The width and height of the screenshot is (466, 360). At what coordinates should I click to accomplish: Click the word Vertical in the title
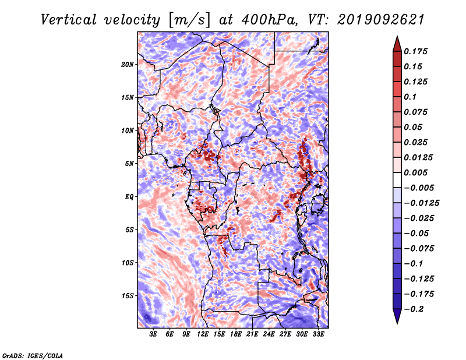click(68, 20)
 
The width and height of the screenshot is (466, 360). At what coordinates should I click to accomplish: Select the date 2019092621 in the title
click(381, 20)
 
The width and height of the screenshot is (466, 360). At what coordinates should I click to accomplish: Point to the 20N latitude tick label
click(128, 65)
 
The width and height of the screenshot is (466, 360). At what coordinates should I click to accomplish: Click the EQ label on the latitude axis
click(129, 197)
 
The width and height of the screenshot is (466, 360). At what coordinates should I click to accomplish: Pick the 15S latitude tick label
click(128, 296)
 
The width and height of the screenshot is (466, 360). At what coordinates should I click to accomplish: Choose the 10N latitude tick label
click(128, 130)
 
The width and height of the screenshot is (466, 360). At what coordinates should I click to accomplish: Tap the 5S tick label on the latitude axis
click(129, 230)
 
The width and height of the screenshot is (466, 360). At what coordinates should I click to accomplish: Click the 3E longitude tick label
click(153, 334)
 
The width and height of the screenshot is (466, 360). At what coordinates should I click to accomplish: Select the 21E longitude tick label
click(252, 334)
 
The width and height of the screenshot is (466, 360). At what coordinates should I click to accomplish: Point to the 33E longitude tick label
click(318, 334)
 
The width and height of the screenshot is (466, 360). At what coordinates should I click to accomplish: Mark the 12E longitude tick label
click(202, 334)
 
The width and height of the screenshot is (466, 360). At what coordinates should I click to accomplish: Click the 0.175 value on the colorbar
click(415, 51)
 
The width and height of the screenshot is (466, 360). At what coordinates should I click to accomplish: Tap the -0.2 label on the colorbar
click(414, 309)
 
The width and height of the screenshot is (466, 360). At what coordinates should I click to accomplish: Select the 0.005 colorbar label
click(415, 172)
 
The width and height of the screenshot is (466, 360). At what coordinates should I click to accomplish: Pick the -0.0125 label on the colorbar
click(421, 203)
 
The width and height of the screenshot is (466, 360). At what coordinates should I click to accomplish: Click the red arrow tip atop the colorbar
click(397, 37)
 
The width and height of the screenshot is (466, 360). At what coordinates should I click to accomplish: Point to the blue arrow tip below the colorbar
click(397, 323)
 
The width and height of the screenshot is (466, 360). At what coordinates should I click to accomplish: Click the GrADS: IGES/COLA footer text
click(33, 355)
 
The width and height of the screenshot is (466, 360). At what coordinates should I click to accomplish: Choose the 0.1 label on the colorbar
click(410, 97)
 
